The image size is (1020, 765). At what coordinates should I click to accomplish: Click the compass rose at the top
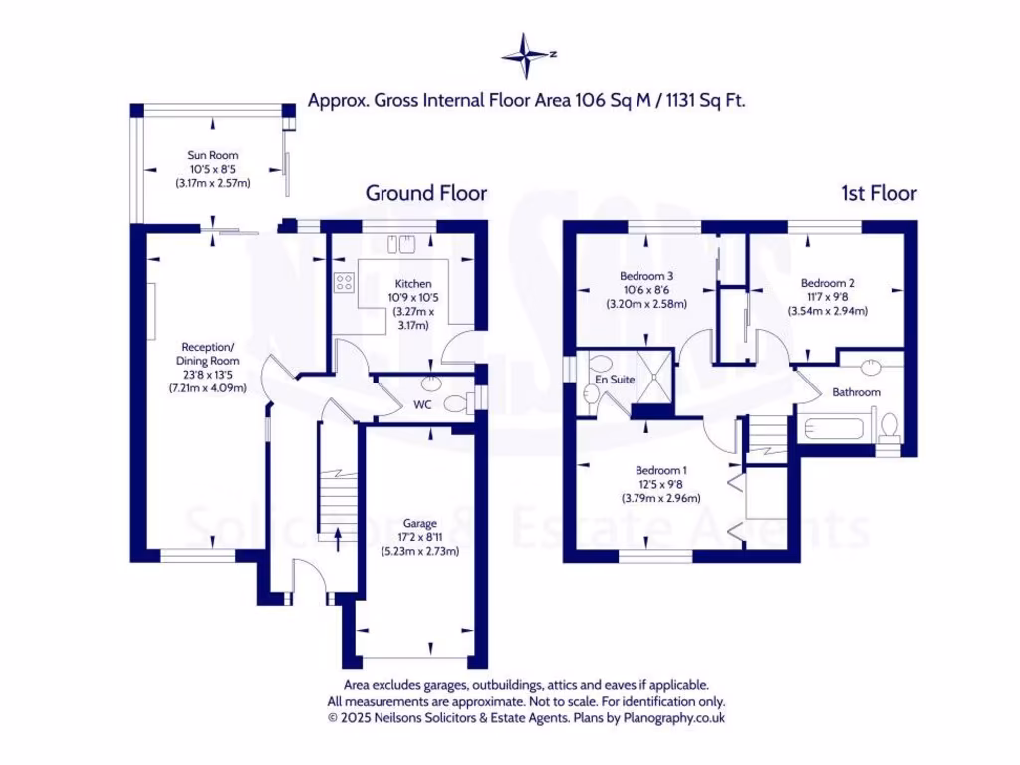[528, 56]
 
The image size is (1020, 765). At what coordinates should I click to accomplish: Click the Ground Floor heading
[426, 193]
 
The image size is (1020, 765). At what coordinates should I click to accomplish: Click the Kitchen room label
[413, 284]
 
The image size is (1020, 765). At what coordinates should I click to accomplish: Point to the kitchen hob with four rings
[345, 283]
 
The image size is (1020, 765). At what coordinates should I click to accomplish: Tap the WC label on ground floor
[421, 405]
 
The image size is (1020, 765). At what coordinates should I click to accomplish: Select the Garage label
[419, 523]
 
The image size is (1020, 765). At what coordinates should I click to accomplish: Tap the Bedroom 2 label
[828, 283]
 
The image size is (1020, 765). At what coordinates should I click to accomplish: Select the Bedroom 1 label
[661, 470]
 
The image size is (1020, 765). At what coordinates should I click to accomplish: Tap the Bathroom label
[857, 392]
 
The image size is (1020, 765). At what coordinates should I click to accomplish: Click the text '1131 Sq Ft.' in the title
[704, 100]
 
